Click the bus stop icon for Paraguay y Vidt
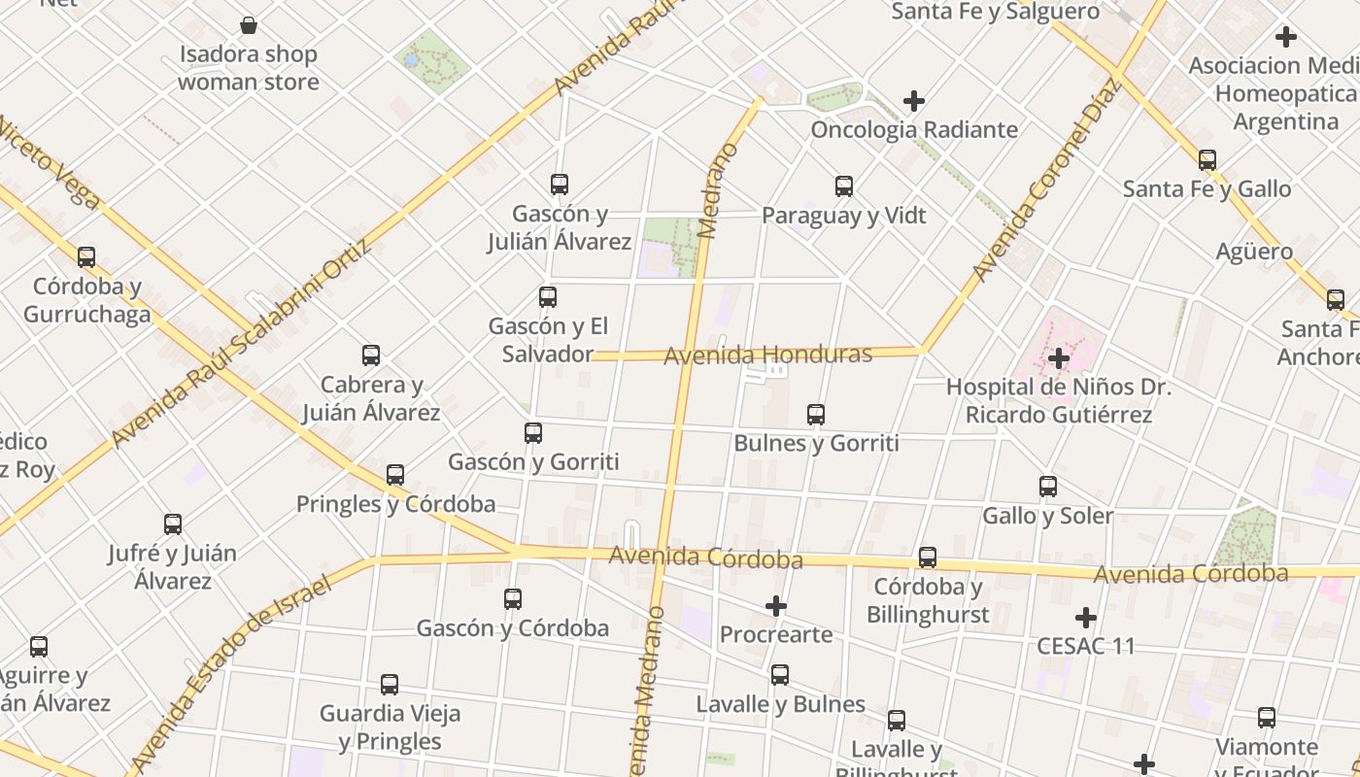[844, 186]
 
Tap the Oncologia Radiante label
[914, 129]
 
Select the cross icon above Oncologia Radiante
[913, 100]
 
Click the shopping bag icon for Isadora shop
[249, 25]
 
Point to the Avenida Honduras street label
[767, 355]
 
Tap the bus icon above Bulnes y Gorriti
[816, 415]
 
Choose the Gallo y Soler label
[1047, 515]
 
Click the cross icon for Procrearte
[775, 606]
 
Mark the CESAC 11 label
[1085, 646]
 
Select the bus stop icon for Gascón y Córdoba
[513, 599]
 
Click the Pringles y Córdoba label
[395, 504]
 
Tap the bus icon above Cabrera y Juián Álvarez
[371, 355]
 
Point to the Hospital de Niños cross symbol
[1058, 358]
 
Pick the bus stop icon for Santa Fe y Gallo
[1207, 159]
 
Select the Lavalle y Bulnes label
[780, 704]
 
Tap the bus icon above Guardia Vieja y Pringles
[390, 684]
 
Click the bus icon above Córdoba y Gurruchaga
[86, 257]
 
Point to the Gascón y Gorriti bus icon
[533, 433]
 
